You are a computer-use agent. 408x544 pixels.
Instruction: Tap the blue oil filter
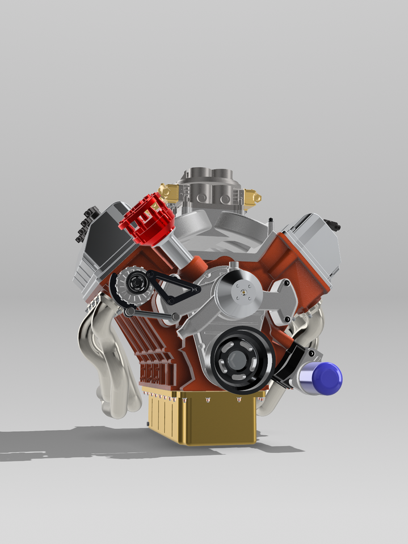(322, 378)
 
